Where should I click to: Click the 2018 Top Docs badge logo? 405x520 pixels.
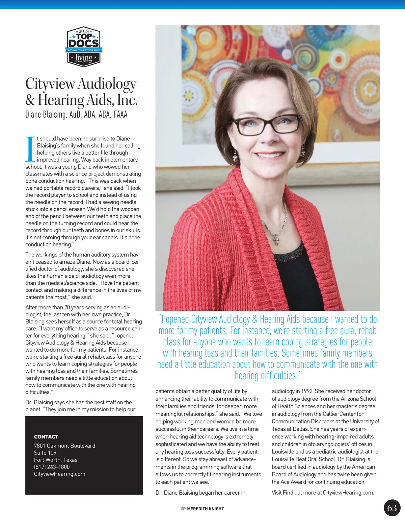tap(84, 47)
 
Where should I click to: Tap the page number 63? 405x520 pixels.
tap(392, 508)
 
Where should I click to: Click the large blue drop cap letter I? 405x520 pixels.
tap(30, 149)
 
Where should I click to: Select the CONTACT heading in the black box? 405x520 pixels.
tap(46, 436)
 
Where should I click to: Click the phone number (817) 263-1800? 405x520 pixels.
tap(52, 467)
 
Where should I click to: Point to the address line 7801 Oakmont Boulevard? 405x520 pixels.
tap(64, 446)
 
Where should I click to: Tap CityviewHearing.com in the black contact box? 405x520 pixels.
tap(60, 474)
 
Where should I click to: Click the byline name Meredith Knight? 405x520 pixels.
tap(206, 509)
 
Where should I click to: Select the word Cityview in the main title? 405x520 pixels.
tap(50, 84)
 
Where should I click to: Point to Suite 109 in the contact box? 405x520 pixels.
tap(45, 453)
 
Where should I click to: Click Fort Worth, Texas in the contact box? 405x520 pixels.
tap(56, 460)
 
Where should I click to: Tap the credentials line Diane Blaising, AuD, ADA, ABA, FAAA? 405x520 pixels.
tap(76, 115)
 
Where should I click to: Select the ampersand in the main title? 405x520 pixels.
tap(30, 100)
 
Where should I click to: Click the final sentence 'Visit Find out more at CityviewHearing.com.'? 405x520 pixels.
tap(323, 493)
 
